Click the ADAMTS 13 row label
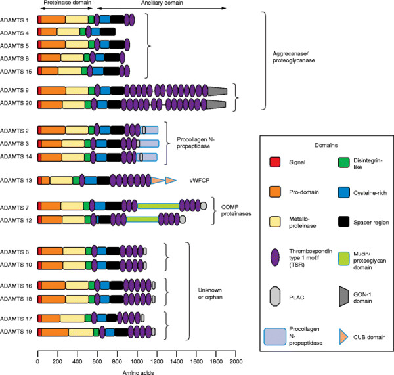(x=17, y=180)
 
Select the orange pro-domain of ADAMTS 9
(x=52, y=91)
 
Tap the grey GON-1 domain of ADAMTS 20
(x=216, y=104)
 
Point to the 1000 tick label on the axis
(x=137, y=362)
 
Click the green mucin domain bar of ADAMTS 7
(x=158, y=206)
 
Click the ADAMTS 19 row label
(x=17, y=332)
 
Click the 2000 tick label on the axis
(x=236, y=362)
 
